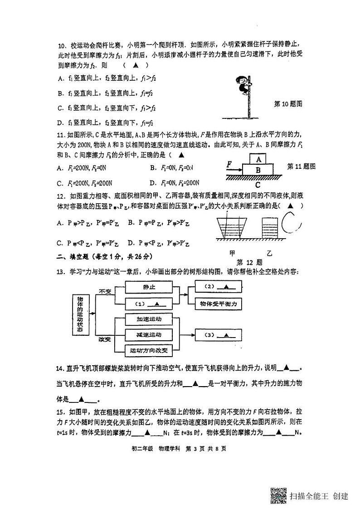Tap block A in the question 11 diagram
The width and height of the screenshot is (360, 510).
point(258,160)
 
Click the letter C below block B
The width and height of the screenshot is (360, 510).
point(258,185)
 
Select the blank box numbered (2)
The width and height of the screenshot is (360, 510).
point(217,287)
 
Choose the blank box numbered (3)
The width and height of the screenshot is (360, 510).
point(217,335)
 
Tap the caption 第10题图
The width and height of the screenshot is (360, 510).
point(288,104)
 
